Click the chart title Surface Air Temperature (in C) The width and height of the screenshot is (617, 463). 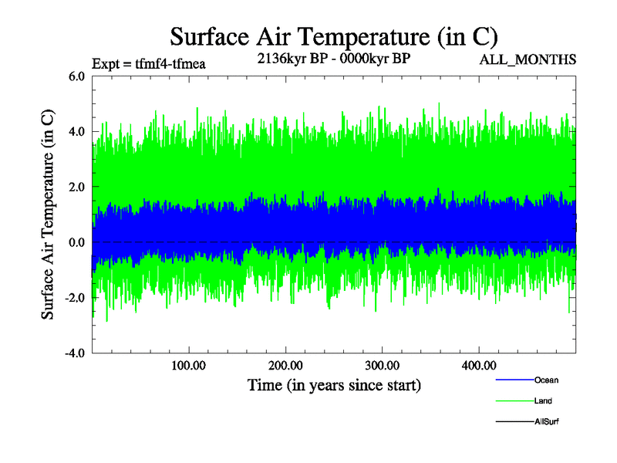(333, 36)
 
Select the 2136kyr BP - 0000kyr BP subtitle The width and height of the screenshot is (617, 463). (333, 58)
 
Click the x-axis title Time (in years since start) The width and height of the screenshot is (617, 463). (334, 384)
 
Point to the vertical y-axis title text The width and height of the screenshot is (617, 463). (48, 215)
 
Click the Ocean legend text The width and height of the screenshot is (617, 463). (546, 380)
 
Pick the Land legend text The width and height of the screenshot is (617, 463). (543, 400)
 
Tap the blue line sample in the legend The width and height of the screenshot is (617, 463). (514, 380)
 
